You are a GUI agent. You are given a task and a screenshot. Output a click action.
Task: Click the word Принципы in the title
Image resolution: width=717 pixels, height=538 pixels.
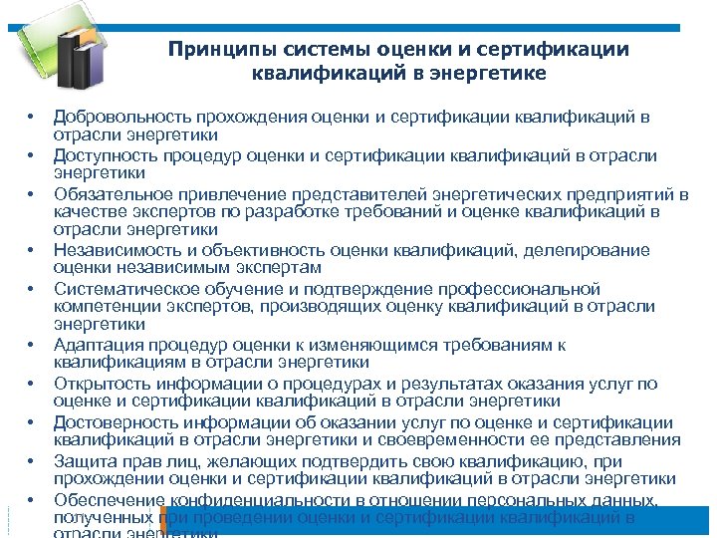click(x=210, y=50)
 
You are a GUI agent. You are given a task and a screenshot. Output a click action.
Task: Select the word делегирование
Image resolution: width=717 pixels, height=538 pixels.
click(x=592, y=250)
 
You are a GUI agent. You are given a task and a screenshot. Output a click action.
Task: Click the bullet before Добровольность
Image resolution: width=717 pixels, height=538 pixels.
click(x=32, y=118)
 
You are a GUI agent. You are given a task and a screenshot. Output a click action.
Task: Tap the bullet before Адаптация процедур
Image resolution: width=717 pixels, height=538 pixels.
click(x=32, y=345)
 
